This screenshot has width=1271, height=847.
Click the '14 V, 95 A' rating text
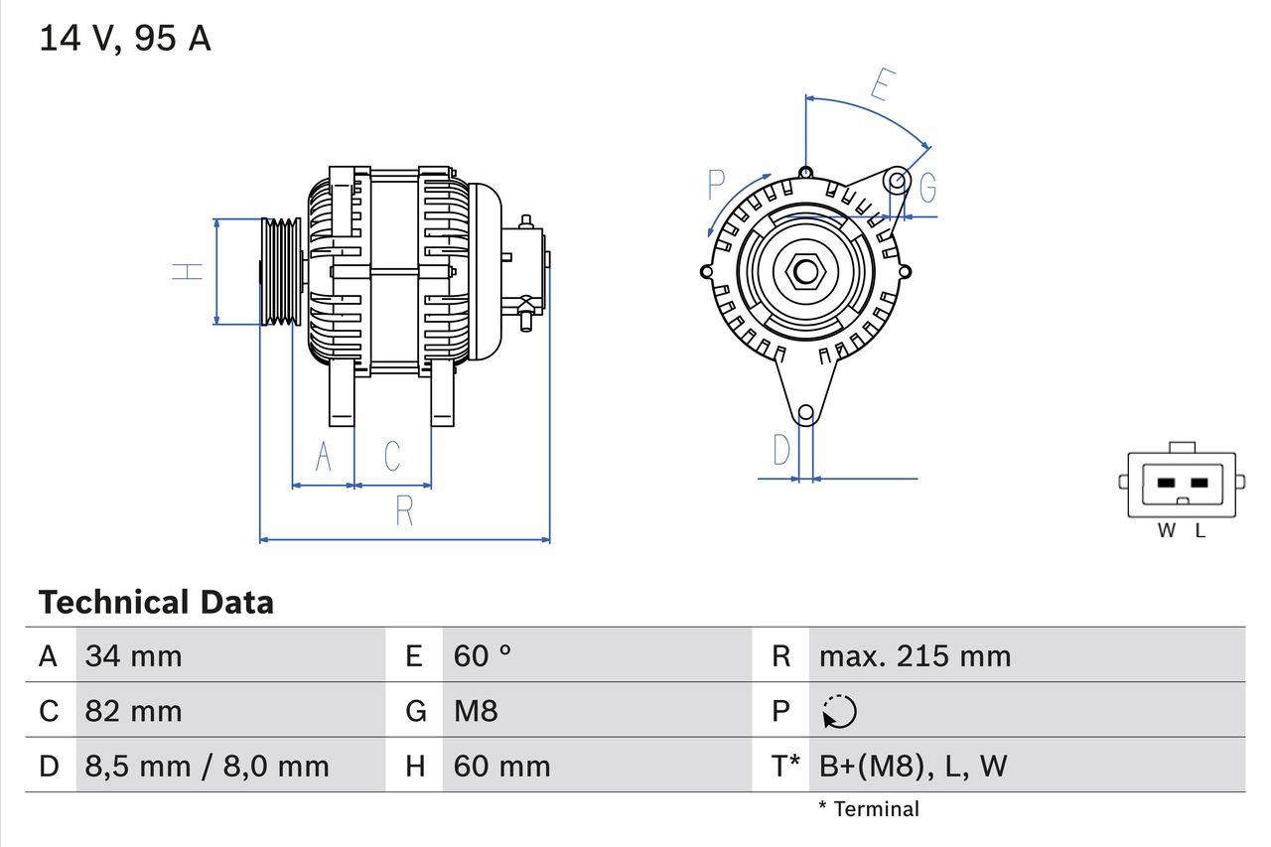click(x=125, y=39)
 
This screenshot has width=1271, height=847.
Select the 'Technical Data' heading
click(x=156, y=602)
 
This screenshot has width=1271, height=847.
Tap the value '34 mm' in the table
click(x=134, y=655)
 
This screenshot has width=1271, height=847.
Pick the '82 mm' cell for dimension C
click(x=134, y=711)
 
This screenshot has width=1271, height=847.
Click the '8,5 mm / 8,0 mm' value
click(x=207, y=766)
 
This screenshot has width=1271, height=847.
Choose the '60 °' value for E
click(x=483, y=655)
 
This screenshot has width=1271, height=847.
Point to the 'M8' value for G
click(x=476, y=711)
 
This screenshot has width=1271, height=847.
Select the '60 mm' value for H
click(x=501, y=766)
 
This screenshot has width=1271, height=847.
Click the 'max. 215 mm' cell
click(x=915, y=655)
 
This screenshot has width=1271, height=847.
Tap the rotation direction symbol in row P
click(x=839, y=711)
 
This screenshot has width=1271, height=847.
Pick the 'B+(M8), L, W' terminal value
click(x=913, y=766)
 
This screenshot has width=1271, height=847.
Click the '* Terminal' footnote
click(x=869, y=809)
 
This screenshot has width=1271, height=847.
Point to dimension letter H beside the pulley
click(x=188, y=271)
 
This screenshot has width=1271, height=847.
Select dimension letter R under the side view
click(x=404, y=510)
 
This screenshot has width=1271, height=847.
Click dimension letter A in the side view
click(x=323, y=457)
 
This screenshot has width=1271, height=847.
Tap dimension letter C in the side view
click(x=392, y=457)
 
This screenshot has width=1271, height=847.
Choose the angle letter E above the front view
click(x=880, y=84)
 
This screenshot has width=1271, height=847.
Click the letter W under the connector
click(x=1167, y=531)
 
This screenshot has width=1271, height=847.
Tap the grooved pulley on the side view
click(x=281, y=271)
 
